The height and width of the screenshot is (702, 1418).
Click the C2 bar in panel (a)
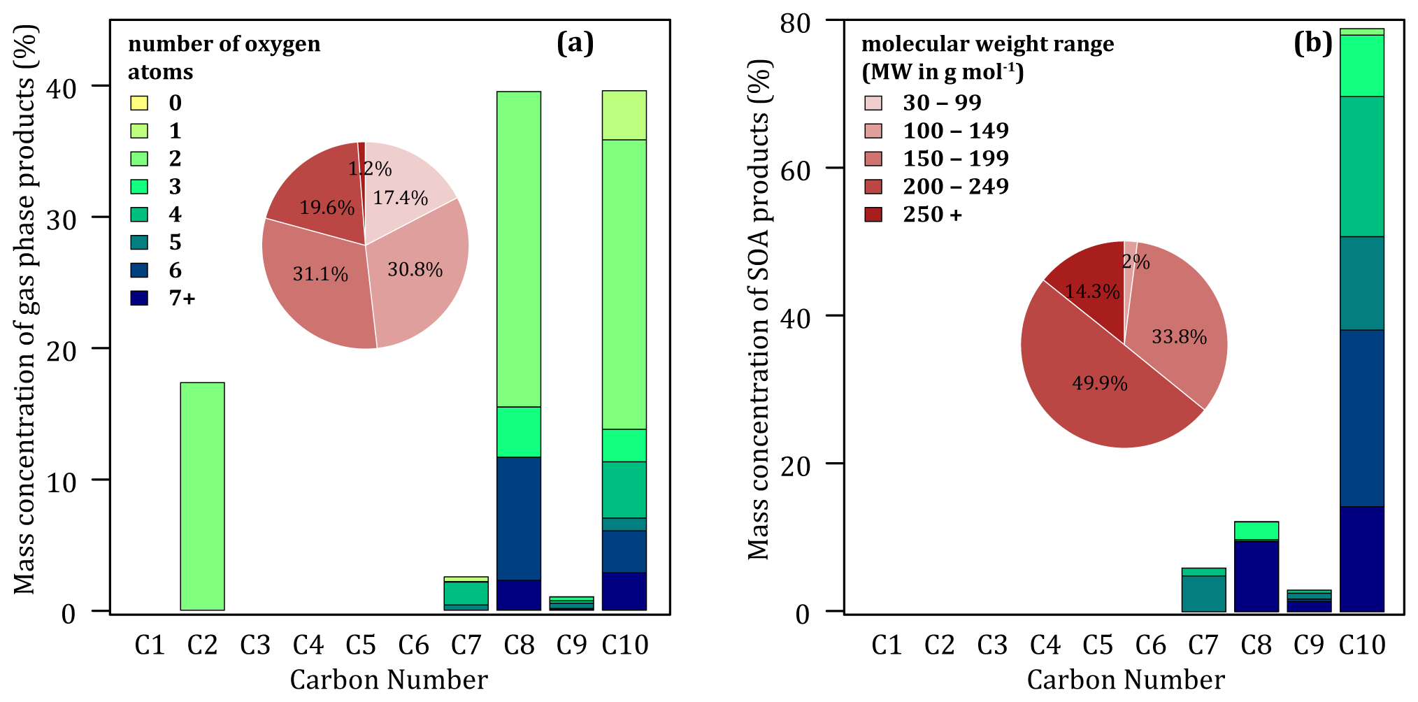point(202,496)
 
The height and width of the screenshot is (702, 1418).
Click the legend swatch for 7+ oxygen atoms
point(139,298)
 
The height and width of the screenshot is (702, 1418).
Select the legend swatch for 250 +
point(873,214)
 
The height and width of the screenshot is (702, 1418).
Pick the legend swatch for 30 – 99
point(873,103)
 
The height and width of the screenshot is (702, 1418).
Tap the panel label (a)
point(575,43)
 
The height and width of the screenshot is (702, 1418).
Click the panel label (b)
point(1312,43)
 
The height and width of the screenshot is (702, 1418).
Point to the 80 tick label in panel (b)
point(795,23)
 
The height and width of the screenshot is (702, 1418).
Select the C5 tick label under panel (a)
point(361,645)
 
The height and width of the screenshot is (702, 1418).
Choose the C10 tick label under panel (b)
point(1362,645)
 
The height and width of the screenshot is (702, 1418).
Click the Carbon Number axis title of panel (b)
point(1126,680)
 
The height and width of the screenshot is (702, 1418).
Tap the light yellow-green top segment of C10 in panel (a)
point(624,115)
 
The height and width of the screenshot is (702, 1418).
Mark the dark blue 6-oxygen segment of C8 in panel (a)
point(519,518)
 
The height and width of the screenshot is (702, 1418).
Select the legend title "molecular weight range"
point(987,43)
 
